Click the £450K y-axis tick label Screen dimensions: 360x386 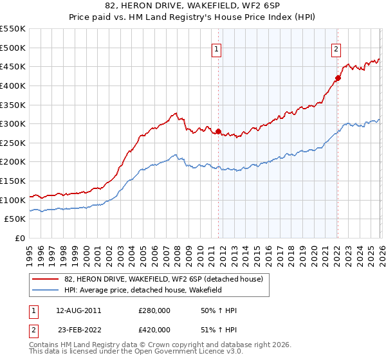coord(13,66)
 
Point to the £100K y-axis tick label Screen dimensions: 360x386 coord(13,200)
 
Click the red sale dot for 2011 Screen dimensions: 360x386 coord(218,132)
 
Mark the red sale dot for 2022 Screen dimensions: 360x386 coord(338,78)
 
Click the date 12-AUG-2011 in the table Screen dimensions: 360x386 coord(78,310)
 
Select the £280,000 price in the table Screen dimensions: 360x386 coord(154,310)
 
